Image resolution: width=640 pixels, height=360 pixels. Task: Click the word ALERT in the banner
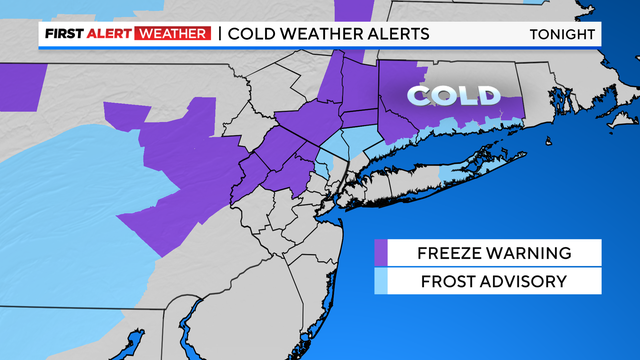tap(113, 34)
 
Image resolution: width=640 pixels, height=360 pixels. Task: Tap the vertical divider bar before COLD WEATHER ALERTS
tap(219, 34)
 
